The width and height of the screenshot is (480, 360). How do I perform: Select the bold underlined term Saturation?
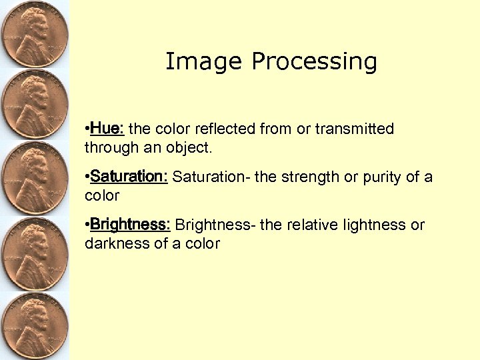129,177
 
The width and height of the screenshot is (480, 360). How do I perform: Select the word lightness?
379,225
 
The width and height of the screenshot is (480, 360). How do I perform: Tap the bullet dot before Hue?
87,128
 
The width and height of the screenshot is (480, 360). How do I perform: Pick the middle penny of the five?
33,179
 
